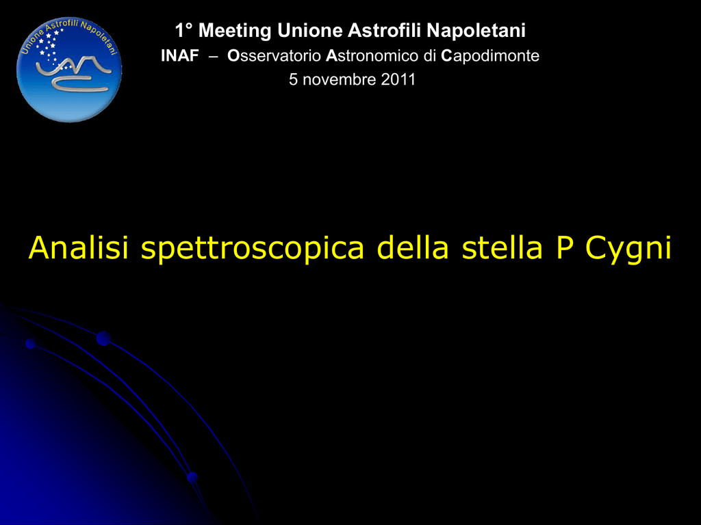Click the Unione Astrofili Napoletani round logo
click(69, 70)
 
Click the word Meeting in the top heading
click(235, 31)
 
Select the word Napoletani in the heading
click(476, 31)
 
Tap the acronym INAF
click(180, 56)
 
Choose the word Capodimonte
click(490, 56)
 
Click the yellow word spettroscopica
click(253, 248)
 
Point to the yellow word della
click(412, 247)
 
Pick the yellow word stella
click(502, 247)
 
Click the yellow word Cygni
click(628, 248)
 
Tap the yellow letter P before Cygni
click(565, 247)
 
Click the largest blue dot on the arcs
click(103, 338)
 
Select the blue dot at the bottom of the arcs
click(192, 477)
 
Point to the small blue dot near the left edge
click(30, 344)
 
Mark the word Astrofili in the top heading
click(385, 31)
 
